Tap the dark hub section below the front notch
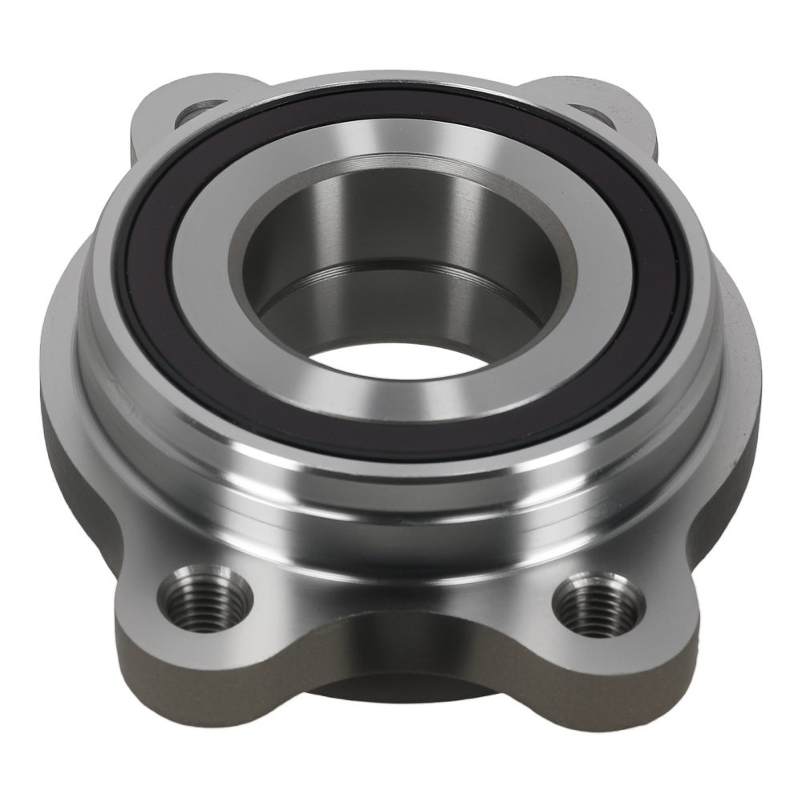[x=401, y=690]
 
